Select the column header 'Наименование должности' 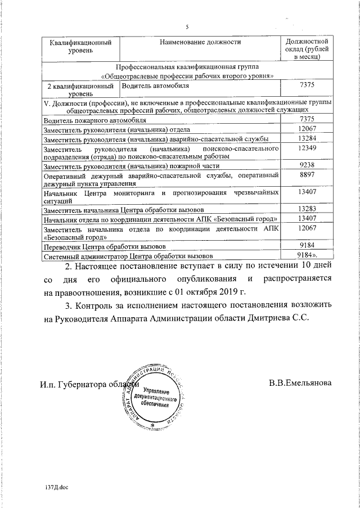point(200,42)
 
